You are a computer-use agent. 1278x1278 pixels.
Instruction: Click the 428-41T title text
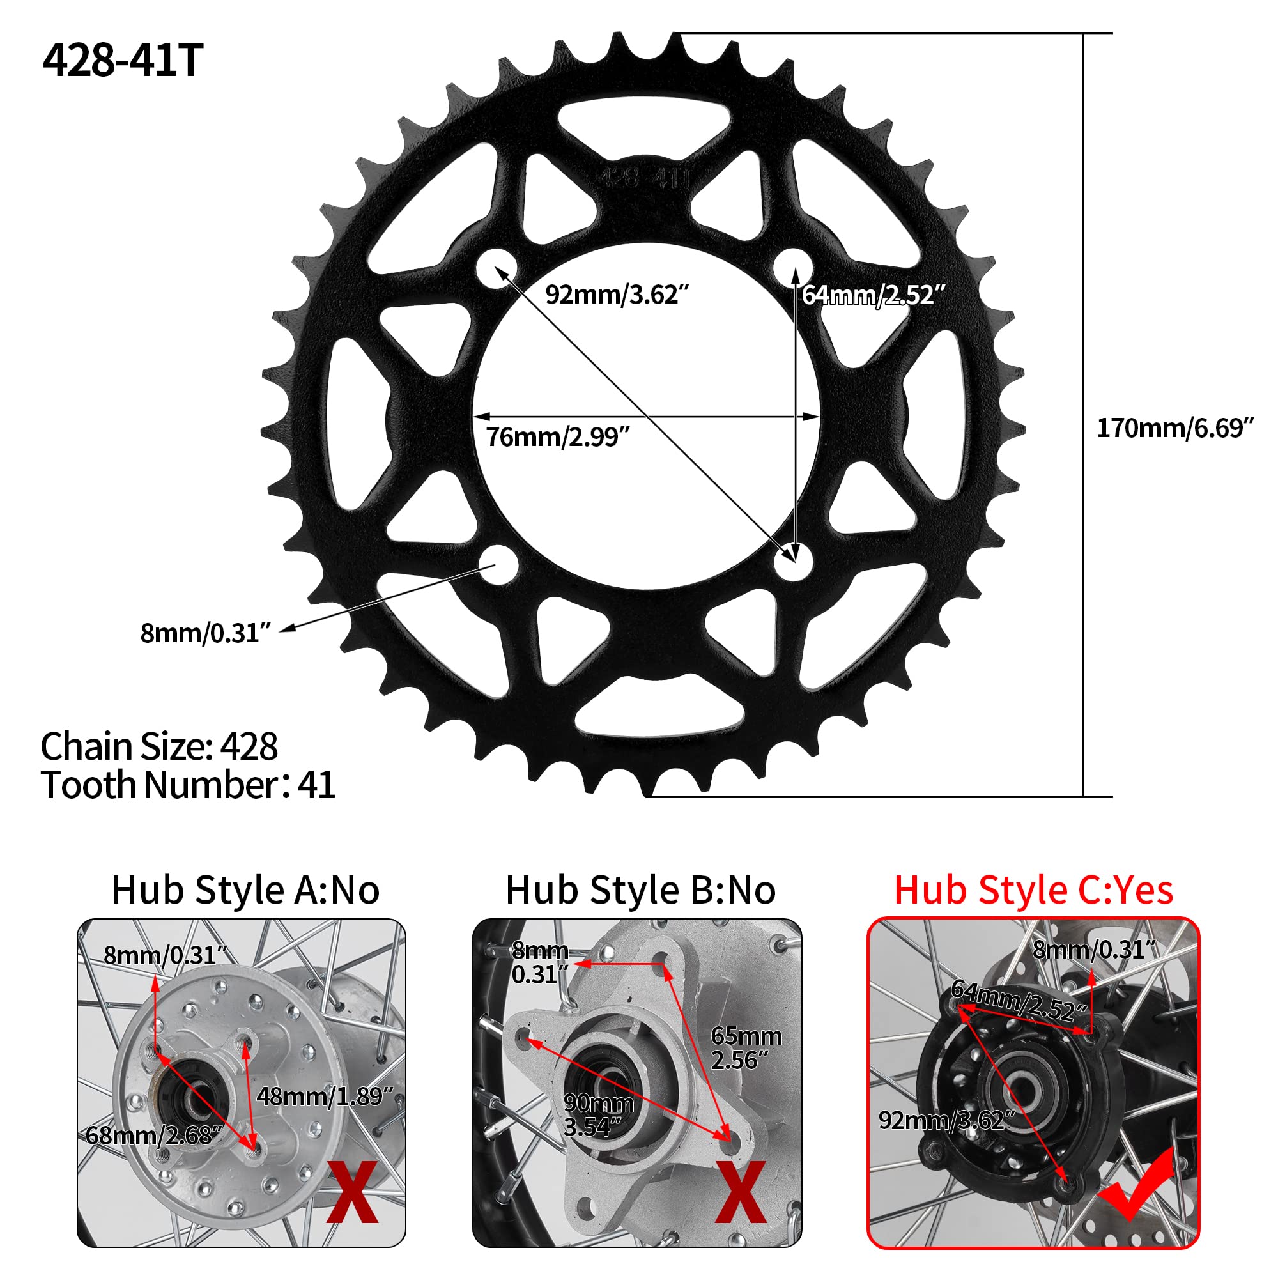123,60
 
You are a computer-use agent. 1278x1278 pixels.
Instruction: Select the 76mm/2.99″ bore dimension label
558,437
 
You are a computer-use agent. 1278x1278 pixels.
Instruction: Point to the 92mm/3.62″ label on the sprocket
617,295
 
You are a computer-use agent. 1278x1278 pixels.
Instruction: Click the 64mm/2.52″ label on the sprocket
873,295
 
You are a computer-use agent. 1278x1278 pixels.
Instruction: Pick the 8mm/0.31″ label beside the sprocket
205,633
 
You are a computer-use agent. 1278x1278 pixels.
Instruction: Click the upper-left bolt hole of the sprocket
497,268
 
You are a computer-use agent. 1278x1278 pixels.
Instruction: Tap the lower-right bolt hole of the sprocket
793,562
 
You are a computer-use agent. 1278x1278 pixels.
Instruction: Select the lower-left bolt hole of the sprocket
498,564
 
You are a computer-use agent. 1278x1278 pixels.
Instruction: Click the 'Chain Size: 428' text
158,747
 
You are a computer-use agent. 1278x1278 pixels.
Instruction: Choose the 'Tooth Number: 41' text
188,785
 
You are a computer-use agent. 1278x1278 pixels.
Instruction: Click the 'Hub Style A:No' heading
245,890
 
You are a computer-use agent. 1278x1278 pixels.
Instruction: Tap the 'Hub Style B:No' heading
640,890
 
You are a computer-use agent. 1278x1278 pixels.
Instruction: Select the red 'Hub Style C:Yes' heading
1033,890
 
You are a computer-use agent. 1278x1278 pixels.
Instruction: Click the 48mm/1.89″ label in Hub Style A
324,1097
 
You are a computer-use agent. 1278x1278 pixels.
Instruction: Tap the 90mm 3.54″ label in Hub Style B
597,1115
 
